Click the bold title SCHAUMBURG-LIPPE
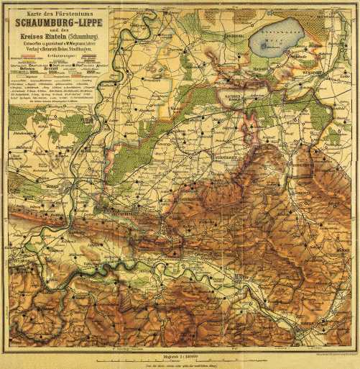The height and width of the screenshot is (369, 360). (x=59, y=22)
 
